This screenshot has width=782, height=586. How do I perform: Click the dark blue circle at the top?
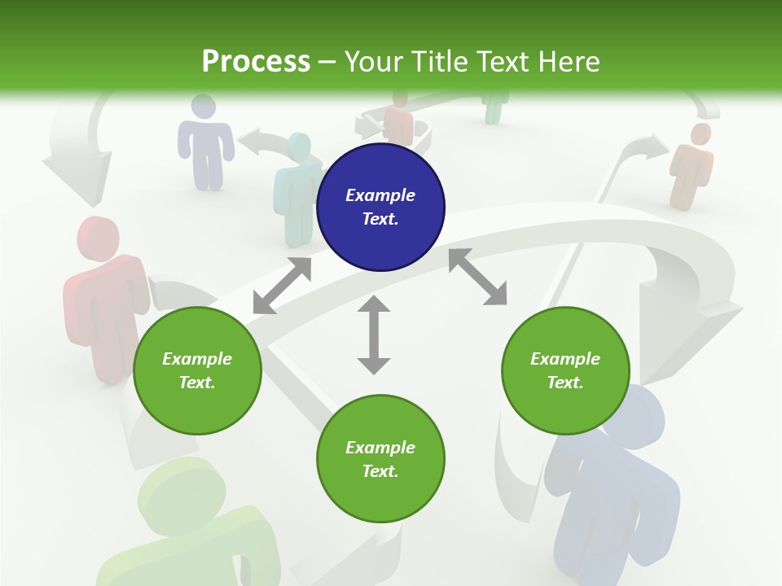tap(380, 207)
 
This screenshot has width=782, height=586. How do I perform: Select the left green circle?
tap(197, 370)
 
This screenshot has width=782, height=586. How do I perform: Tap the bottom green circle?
tap(380, 459)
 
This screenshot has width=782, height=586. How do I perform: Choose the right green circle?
tap(565, 370)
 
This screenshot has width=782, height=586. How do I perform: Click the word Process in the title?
tap(256, 62)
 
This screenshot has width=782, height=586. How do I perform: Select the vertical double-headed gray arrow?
tap(374, 335)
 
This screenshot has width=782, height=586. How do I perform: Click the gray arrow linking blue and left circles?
tap(282, 286)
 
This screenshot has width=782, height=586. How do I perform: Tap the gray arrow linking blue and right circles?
tap(477, 278)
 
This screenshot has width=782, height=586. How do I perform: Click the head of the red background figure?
tap(99, 238)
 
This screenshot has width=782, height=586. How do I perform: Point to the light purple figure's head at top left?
tap(203, 107)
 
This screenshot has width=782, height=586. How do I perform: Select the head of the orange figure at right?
tap(700, 134)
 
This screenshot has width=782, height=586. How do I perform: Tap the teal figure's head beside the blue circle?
tap(299, 146)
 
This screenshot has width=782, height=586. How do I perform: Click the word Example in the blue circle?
tap(380, 195)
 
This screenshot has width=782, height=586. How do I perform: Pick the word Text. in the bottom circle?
tap(380, 471)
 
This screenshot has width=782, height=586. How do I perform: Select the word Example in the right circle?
tap(565, 359)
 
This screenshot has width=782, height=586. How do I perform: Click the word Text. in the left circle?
tap(197, 383)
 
